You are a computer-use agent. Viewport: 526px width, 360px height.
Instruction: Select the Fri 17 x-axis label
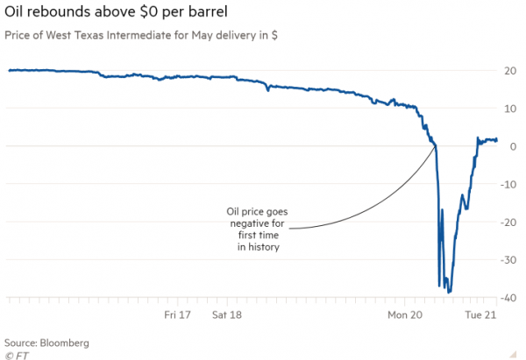(179, 313)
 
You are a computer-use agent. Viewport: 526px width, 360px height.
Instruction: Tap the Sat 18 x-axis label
(227, 313)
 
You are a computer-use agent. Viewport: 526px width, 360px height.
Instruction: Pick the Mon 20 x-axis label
(404, 313)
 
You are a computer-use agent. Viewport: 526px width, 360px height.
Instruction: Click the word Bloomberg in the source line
(63, 342)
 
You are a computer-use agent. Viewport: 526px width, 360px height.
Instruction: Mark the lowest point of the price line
(449, 293)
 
